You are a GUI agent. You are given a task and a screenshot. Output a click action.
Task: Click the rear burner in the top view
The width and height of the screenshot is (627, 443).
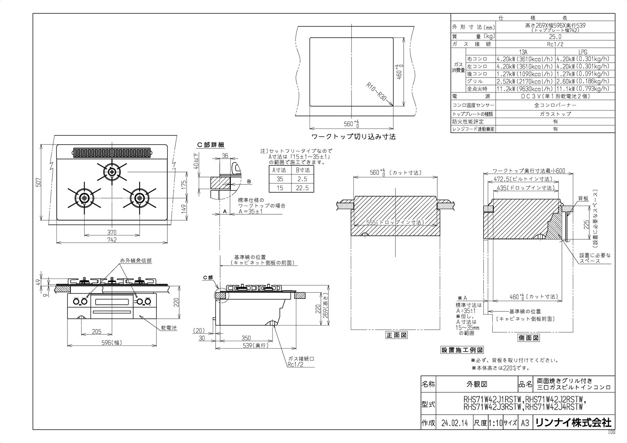112,172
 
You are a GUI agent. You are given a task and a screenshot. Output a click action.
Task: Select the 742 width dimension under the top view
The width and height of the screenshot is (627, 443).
112,240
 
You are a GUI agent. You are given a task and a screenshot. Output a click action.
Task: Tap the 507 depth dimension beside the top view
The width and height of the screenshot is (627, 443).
38,182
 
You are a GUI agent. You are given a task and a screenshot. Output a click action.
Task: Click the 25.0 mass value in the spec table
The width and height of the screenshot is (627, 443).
555,37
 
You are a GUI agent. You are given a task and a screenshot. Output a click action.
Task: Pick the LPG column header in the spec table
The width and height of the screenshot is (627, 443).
583,52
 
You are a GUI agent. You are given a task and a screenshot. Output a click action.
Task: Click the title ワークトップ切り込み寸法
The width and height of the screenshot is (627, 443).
353,137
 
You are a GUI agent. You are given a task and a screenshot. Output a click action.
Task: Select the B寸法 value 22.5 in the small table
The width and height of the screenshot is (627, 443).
302,188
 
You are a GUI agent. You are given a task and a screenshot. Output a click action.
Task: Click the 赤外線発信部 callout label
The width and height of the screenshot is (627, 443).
136,261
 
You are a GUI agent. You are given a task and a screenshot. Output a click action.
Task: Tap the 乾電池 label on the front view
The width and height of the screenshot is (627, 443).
169,328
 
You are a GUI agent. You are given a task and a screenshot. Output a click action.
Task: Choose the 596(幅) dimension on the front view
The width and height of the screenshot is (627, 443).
112,343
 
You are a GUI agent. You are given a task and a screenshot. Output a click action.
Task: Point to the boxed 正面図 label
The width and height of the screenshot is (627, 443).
396,335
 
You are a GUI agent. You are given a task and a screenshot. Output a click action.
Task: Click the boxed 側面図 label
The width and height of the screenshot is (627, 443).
529,338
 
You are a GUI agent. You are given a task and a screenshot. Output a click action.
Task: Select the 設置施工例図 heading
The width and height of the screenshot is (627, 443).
462,350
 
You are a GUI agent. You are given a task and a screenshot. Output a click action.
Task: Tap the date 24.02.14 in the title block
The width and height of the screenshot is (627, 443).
455,423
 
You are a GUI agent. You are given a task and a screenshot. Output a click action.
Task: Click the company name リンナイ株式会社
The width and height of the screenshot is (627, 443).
573,423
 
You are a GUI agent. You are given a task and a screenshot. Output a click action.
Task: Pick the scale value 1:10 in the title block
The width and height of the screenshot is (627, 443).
495,423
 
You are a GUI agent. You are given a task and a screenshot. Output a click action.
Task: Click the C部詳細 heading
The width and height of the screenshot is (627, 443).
210,145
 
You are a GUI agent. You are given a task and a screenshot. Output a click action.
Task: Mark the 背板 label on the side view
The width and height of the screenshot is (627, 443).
583,199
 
